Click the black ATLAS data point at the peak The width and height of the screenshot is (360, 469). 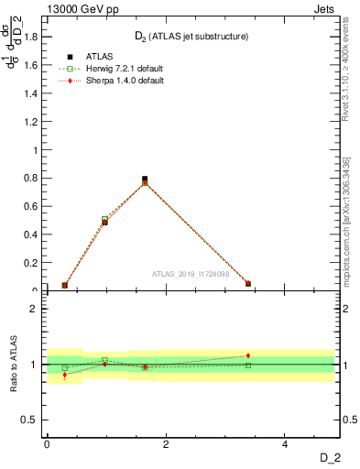pyautogui.click(x=145, y=180)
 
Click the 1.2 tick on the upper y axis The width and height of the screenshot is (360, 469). pyautogui.click(x=32, y=122)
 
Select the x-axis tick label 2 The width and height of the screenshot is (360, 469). pyautogui.click(x=166, y=444)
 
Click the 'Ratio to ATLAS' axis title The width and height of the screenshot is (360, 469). pyautogui.click(x=14, y=365)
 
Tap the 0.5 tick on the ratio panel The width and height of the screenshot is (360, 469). pyautogui.click(x=32, y=420)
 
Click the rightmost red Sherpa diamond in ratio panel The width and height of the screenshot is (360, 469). pyautogui.click(x=248, y=355)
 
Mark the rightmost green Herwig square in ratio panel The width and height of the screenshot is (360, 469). pyautogui.click(x=248, y=365)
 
